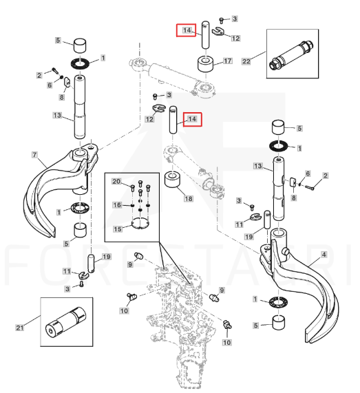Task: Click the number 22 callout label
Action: coord(246,61)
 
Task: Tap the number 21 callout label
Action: coord(20,328)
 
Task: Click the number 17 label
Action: coord(227,61)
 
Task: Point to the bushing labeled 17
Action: coord(205,64)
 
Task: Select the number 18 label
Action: coord(189,199)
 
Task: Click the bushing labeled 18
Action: coord(172,180)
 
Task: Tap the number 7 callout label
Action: coord(34,155)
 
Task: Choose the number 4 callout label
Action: coord(324,255)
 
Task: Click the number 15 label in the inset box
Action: coord(117,229)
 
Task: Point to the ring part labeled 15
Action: coord(140,224)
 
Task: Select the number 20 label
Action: coord(116,181)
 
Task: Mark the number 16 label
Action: coord(117,205)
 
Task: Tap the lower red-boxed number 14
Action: coord(192,119)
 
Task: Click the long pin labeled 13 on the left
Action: coord(79,107)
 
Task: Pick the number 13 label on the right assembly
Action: coord(257,166)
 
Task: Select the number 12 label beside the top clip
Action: coord(235,39)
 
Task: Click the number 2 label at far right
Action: coord(325,176)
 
